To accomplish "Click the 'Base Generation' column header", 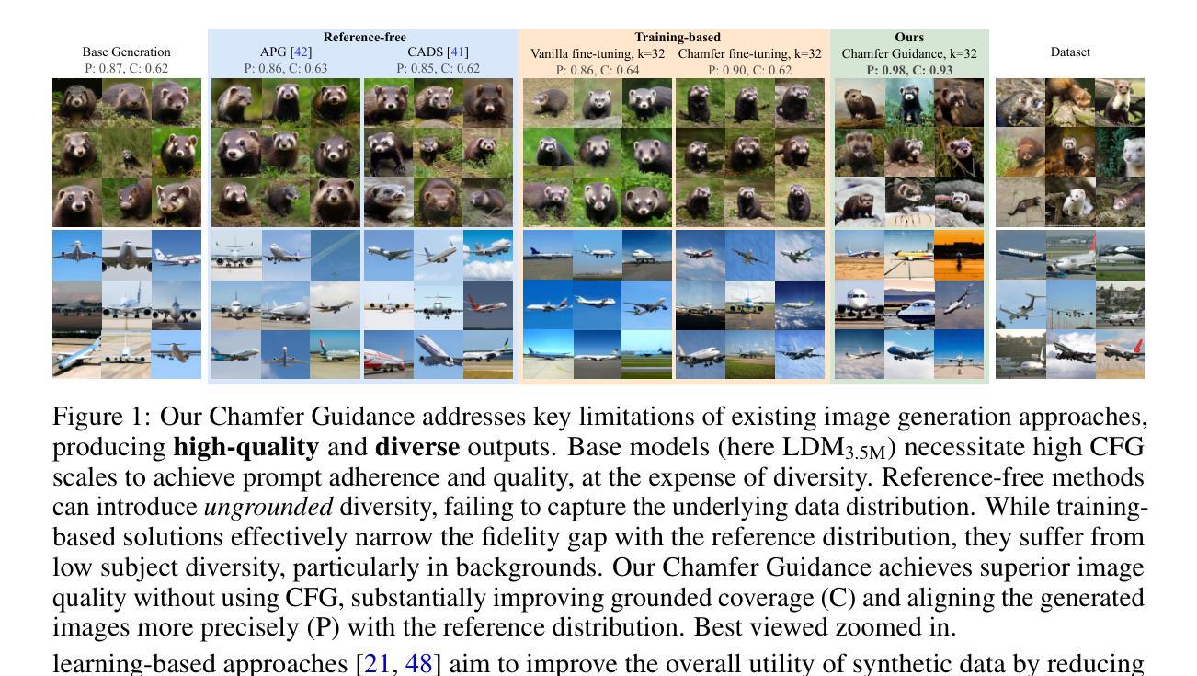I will [x=126, y=52].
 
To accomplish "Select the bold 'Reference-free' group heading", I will [x=364, y=38].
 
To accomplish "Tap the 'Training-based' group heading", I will [x=678, y=38].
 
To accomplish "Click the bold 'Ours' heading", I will [x=909, y=38].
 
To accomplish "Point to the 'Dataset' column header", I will [x=1070, y=52].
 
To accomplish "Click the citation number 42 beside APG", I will [x=301, y=52].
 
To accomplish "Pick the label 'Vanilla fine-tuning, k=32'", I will [x=598, y=54].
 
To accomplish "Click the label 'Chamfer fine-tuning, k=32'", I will [x=749, y=54].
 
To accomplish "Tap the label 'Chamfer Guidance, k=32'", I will [x=909, y=54].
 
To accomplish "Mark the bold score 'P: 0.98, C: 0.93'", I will [x=909, y=70].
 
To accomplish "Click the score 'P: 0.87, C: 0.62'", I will [x=126, y=69].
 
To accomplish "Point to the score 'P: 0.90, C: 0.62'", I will [x=749, y=70].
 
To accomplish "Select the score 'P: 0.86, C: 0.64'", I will [x=598, y=70].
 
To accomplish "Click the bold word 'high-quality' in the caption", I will [x=245, y=448].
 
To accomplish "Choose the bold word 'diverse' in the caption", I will [x=417, y=448].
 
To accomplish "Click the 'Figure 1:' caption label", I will [x=102, y=418].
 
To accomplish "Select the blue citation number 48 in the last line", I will [x=418, y=663].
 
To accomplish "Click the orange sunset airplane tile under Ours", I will [x=959, y=255].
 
